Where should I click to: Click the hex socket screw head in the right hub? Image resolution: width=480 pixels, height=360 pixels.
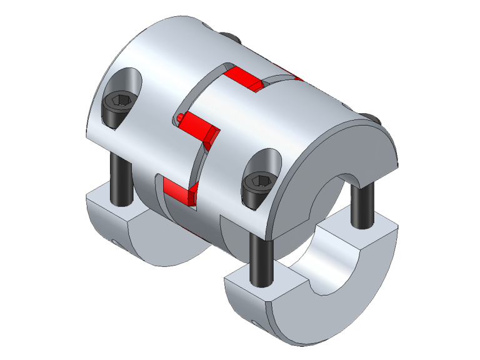pyautogui.click(x=258, y=184)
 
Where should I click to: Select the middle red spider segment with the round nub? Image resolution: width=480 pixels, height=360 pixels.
pyautogui.click(x=200, y=126)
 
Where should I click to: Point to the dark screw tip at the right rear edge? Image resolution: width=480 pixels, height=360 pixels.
pyautogui.click(x=374, y=119)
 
